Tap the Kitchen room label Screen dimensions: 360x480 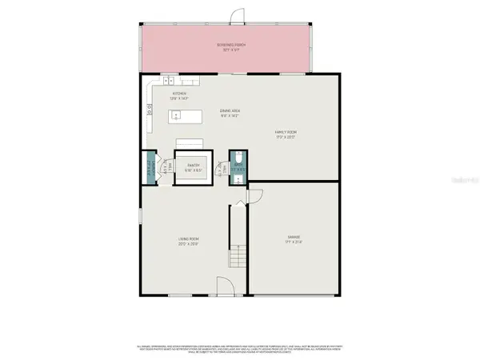pos(179,94)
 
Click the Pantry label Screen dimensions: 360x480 pos(193,166)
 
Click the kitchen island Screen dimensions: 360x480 pos(186,117)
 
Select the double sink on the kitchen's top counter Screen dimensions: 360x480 pos(170,80)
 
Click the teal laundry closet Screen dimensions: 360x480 pos(150,168)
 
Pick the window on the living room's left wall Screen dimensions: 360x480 pos(140,216)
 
